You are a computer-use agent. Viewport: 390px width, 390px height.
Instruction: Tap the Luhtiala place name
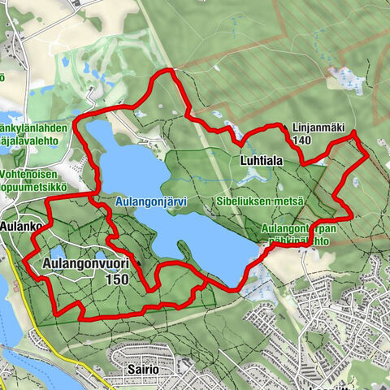pos(261,162)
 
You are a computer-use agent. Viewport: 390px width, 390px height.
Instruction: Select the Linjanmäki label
pos(313,128)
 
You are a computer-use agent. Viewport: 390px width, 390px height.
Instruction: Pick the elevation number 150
pos(117,278)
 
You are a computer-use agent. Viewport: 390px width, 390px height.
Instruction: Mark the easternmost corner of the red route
pos(366,153)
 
